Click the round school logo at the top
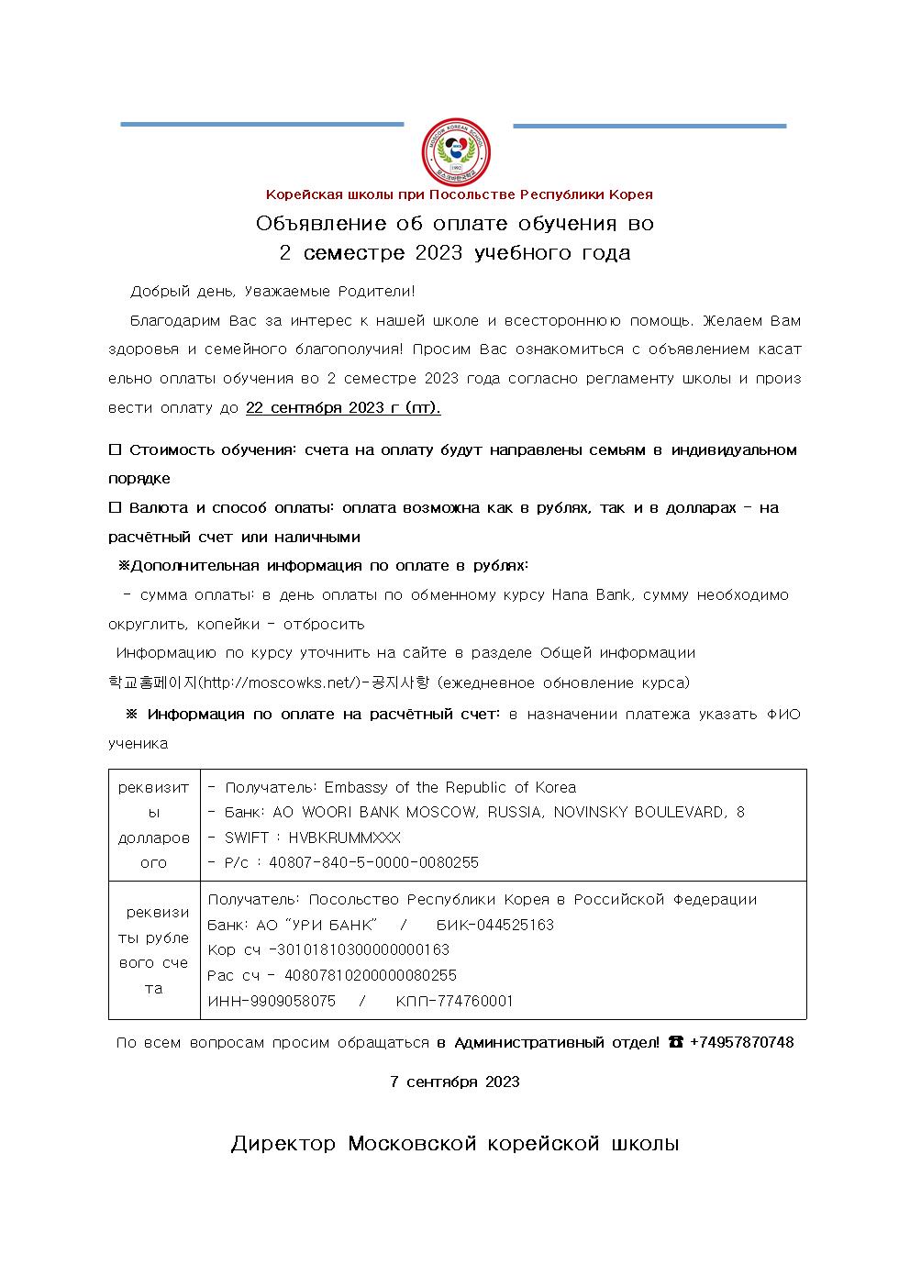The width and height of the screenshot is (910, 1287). pos(455,151)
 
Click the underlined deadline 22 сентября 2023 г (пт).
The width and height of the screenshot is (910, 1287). pos(343,408)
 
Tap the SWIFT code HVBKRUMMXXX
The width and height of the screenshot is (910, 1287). pos(344,838)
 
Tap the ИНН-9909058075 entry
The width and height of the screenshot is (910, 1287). pos(272,1001)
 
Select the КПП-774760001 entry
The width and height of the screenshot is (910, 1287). pos(454,1001)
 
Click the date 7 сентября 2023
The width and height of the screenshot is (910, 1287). pos(455,1082)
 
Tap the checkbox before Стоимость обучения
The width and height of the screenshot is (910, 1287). pos(116,449)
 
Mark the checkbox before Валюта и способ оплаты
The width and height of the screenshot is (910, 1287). pos(116,507)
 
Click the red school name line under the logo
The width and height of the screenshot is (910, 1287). pos(459,194)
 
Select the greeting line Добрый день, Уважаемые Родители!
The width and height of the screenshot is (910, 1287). pos(272,292)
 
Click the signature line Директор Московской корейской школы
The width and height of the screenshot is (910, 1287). pos(455,1144)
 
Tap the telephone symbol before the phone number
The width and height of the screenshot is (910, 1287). pos(675,1042)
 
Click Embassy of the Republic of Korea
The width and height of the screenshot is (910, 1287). pos(449,787)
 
